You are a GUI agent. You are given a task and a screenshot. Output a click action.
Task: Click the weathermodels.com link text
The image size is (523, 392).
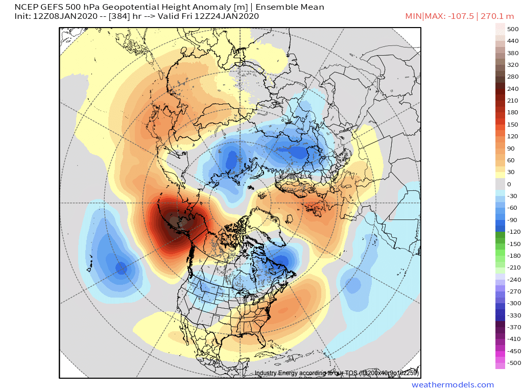click(453, 385)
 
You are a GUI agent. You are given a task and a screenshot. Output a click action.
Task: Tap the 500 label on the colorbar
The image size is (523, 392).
click(512, 29)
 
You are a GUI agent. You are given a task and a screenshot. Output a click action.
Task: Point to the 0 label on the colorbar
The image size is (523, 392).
click(509, 184)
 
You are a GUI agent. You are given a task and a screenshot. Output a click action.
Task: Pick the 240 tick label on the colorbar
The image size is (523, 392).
click(512, 89)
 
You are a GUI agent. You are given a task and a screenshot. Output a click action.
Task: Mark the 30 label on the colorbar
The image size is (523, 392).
click(511, 172)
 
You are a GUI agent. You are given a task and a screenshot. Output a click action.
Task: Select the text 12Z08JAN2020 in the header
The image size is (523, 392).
click(59, 16)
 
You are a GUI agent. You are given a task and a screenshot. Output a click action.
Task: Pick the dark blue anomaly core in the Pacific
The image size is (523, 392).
click(121, 267)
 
